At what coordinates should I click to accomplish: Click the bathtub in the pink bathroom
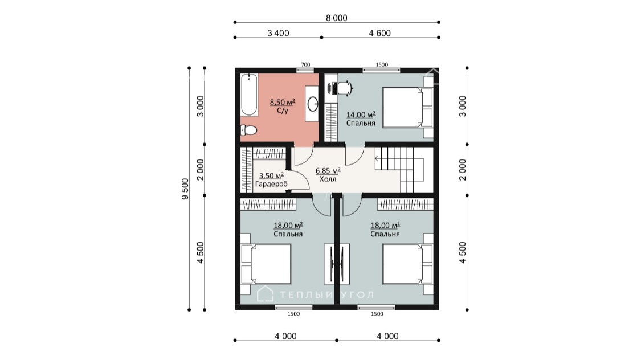pyautogui.click(x=248, y=95)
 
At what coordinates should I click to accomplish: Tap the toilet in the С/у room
pyautogui.click(x=248, y=130)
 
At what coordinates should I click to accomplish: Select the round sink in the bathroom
pyautogui.click(x=313, y=104)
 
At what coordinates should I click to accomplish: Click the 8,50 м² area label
pyautogui.click(x=283, y=102)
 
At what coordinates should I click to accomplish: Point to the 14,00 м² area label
pyautogui.click(x=361, y=115)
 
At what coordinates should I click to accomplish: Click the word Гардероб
pyautogui.click(x=271, y=184)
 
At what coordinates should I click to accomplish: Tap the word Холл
pyautogui.click(x=328, y=179)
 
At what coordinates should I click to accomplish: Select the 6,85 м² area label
pyautogui.click(x=328, y=171)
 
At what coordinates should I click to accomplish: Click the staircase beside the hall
pyautogui.click(x=403, y=169)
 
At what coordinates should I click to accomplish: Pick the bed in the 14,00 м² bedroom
pyautogui.click(x=408, y=108)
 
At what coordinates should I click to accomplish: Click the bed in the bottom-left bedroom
pyautogui.click(x=266, y=264)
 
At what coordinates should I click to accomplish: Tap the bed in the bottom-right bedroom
pyautogui.click(x=408, y=264)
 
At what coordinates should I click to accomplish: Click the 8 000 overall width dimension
pyautogui.click(x=336, y=18)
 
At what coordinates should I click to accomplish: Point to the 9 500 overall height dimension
pyautogui.click(x=185, y=189)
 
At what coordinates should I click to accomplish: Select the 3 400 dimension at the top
pyautogui.click(x=278, y=33)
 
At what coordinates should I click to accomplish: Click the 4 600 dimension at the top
pyautogui.click(x=380, y=33)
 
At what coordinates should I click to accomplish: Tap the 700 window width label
pyautogui.click(x=305, y=64)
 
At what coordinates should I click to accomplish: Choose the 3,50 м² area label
pyautogui.click(x=271, y=175)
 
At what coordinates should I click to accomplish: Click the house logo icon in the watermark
pyautogui.click(x=265, y=293)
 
